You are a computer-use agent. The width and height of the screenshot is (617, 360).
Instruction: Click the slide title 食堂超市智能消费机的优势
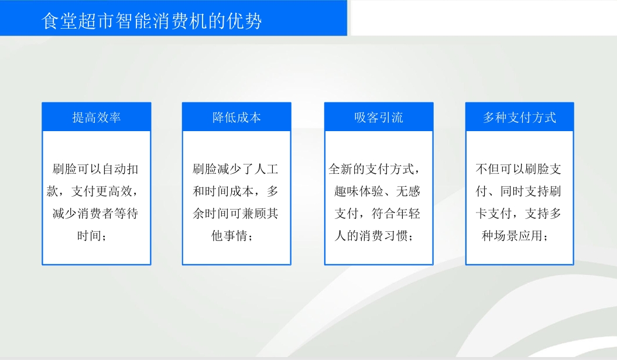click(x=152, y=20)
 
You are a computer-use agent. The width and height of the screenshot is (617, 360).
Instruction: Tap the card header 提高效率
click(x=97, y=117)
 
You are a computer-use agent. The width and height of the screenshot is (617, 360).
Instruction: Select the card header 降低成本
click(x=236, y=117)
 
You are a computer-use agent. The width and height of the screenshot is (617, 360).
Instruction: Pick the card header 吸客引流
click(x=379, y=117)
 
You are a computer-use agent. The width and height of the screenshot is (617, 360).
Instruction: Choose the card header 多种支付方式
click(x=519, y=117)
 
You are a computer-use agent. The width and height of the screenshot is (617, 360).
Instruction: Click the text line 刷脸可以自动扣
click(x=95, y=169)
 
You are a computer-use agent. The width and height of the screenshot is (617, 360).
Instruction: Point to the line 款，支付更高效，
click(x=93, y=191)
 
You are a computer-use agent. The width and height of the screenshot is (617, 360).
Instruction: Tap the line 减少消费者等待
click(x=95, y=214)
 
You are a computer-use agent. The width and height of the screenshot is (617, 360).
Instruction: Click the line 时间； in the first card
click(x=92, y=236)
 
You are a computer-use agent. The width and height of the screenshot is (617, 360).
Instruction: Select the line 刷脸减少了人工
click(x=235, y=169)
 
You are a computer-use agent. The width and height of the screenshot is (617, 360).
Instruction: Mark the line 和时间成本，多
click(x=235, y=191)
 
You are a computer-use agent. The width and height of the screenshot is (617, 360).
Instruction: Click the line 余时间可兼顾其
click(x=235, y=214)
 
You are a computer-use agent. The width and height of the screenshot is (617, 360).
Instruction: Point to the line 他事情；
click(x=232, y=236)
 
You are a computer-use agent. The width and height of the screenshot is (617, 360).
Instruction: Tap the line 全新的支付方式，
click(x=375, y=169)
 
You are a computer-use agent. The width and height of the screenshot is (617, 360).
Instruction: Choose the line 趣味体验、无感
click(x=378, y=191)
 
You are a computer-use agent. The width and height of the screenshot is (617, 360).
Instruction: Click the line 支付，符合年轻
click(x=378, y=214)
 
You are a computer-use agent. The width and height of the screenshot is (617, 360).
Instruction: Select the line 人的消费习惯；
click(x=374, y=236)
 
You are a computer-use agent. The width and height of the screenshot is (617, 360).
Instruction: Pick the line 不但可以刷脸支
click(x=518, y=169)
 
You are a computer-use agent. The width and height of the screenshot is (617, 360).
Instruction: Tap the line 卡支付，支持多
click(x=518, y=214)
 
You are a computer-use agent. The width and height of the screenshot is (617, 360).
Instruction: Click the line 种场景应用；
click(x=515, y=236)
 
